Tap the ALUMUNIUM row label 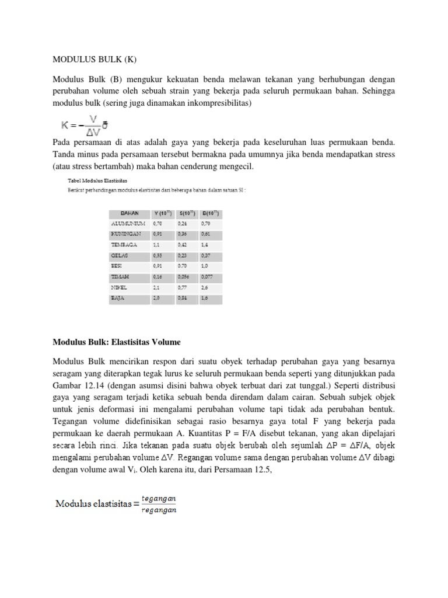tap(128, 223)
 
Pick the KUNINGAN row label tap(127, 234)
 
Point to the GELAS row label tap(120, 256)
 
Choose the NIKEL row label tap(120, 288)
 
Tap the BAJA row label tap(118, 298)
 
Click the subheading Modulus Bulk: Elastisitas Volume tap(117, 342)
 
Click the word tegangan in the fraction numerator tap(158, 498)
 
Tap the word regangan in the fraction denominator tap(158, 510)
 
